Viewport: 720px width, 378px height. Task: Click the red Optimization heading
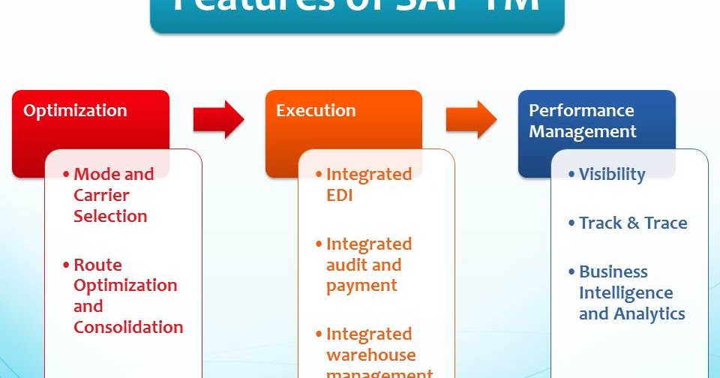(x=75, y=111)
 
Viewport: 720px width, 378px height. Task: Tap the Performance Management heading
(x=582, y=121)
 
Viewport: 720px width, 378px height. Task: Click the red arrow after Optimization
(x=218, y=119)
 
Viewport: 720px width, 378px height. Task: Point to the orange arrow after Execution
(x=471, y=119)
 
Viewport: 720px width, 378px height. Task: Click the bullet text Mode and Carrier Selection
(x=112, y=195)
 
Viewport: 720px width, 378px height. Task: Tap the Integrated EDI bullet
(x=367, y=184)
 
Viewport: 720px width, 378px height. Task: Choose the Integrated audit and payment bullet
(x=367, y=265)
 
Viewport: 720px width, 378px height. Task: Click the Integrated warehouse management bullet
(x=378, y=354)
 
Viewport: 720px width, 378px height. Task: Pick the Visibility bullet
(x=611, y=174)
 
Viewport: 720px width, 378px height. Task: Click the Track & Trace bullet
(x=632, y=223)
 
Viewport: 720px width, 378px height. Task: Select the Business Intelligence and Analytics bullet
(x=631, y=292)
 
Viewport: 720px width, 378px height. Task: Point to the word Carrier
(x=101, y=195)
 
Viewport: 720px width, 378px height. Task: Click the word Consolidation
(x=128, y=327)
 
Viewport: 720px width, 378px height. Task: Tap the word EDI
(x=340, y=195)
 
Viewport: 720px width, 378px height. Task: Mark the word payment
(x=361, y=286)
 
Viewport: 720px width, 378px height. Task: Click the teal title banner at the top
(x=357, y=13)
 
